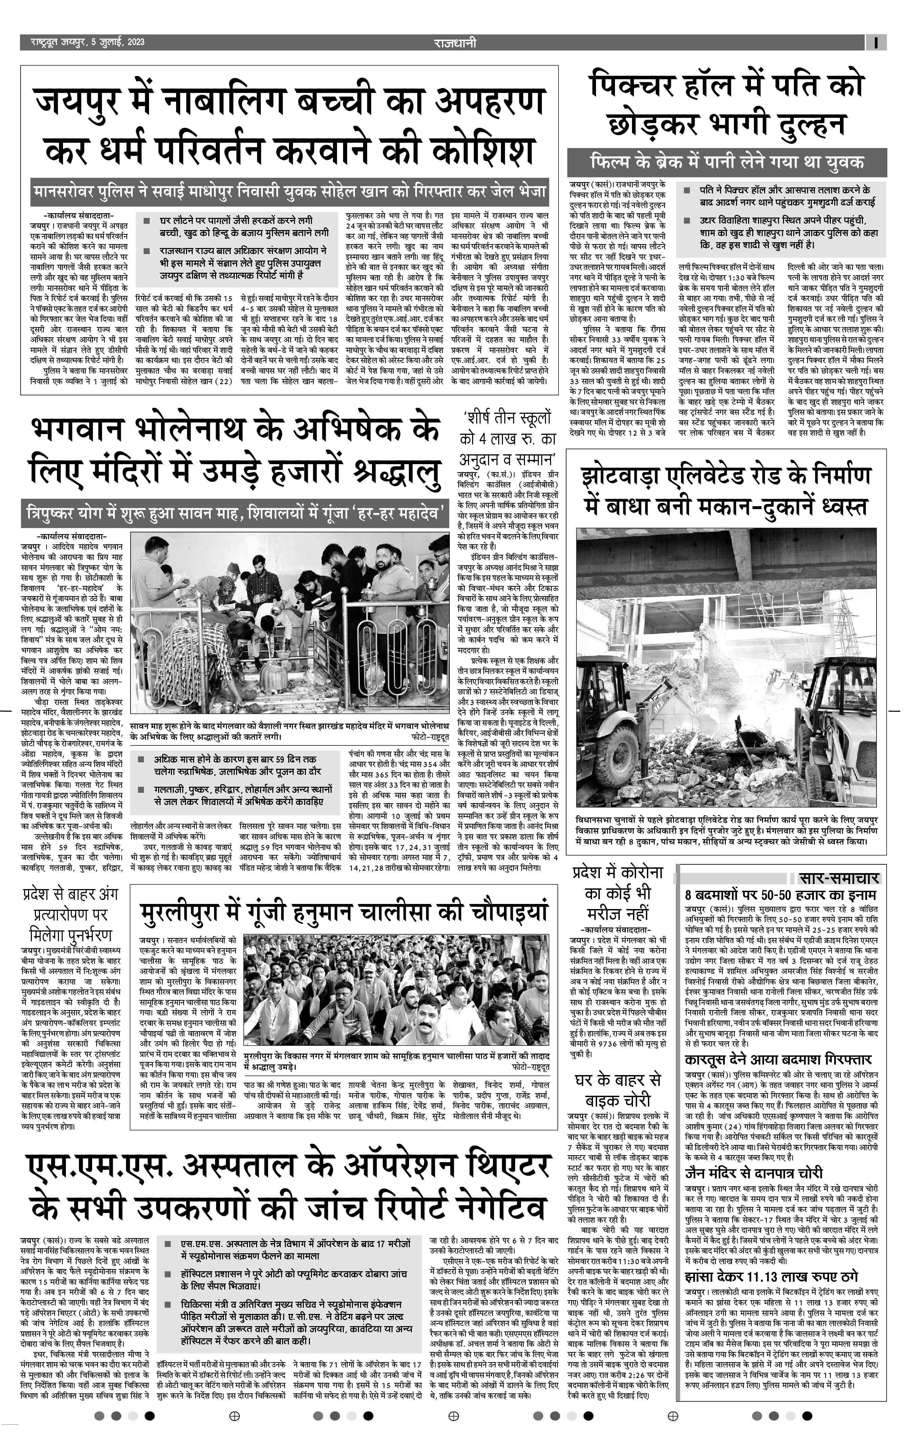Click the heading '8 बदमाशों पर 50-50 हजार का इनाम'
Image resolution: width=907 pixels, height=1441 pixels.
(780, 895)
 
